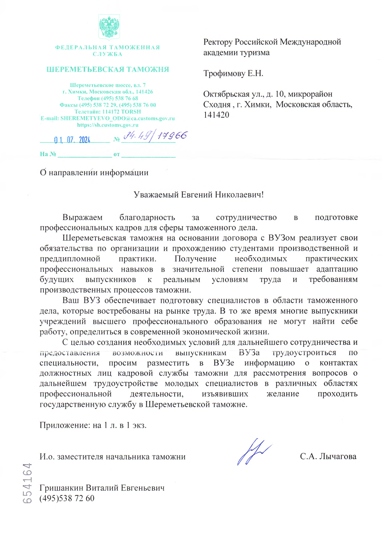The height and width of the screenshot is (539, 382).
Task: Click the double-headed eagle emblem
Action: point(109,26)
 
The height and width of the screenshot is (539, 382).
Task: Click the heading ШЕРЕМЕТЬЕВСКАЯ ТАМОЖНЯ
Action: point(107,69)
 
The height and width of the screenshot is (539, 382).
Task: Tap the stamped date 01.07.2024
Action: point(72,140)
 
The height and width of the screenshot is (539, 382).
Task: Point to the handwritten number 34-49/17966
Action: point(155,136)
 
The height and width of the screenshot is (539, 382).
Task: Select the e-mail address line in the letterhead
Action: point(107,118)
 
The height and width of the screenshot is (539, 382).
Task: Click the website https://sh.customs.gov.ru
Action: point(107,125)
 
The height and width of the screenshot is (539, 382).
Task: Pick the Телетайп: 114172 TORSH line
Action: point(107,112)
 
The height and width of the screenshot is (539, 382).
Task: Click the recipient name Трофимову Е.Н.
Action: point(233,73)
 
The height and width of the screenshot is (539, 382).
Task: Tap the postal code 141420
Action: point(216,115)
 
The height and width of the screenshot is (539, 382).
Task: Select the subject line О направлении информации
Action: point(94,173)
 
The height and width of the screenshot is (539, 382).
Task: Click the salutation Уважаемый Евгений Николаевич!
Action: point(198,195)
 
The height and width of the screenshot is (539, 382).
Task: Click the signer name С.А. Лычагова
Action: point(328,457)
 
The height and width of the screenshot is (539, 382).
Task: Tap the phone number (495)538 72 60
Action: point(67,498)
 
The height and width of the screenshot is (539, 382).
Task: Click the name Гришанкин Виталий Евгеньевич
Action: point(102,488)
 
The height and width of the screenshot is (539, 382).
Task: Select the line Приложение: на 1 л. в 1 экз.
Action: point(93,425)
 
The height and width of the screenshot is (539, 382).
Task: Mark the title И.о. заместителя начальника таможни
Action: point(112,457)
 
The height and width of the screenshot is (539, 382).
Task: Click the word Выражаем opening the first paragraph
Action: point(82,217)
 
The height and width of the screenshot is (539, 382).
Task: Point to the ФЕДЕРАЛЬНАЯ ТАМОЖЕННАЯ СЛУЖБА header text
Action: point(107,51)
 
